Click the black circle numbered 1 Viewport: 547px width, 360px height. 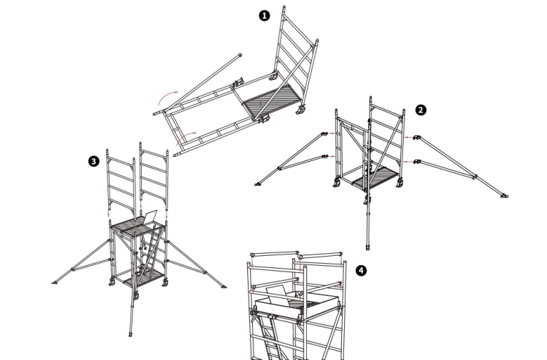[264, 16]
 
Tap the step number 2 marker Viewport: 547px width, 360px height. [421, 110]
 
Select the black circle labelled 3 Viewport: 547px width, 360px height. [94, 161]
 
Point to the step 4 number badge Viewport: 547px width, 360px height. [361, 270]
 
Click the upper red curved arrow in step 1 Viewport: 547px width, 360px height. [166, 96]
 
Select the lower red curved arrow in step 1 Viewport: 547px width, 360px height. [185, 136]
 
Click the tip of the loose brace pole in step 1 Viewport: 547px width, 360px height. [240, 55]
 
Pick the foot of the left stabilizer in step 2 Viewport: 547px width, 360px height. [258, 184]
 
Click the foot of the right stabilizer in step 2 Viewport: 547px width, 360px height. [504, 196]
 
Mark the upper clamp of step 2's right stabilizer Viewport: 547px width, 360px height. [417, 138]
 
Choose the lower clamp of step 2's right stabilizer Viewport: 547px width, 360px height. [417, 162]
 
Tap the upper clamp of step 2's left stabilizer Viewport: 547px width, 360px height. [325, 133]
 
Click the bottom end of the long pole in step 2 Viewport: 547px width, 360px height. [368, 247]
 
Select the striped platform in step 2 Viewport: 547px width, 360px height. [375, 178]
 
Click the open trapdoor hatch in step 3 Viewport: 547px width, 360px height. [150, 217]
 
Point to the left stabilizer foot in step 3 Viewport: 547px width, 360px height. [55, 282]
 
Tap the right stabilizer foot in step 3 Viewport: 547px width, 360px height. [223, 287]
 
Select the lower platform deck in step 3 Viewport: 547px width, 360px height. [144, 277]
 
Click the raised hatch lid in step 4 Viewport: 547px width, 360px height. [276, 292]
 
